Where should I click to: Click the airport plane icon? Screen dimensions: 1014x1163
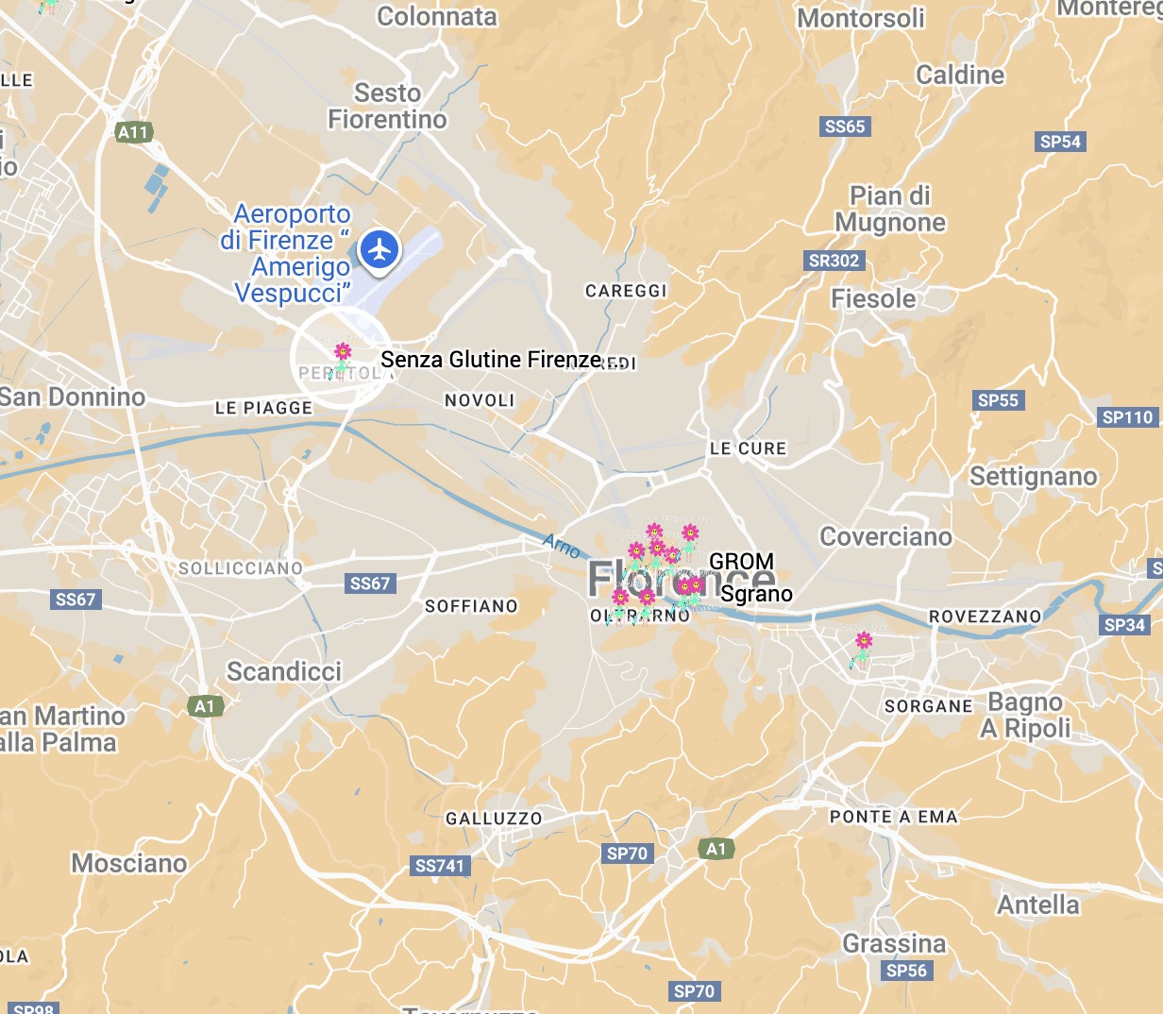379,250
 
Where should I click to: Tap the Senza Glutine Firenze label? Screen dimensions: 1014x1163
491,360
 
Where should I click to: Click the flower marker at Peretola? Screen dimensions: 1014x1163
343,355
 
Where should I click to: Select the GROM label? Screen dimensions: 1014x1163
741,562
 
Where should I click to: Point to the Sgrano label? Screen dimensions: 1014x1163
756,594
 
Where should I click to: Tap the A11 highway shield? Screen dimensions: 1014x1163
133,132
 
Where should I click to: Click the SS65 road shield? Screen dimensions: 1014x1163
844,127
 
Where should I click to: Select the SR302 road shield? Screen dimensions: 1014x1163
834,261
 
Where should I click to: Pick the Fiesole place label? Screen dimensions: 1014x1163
873,299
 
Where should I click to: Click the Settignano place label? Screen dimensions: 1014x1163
1034,476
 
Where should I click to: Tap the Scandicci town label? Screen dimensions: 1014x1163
284,671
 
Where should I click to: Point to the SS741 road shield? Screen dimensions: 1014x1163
440,866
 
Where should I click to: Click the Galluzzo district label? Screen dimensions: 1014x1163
494,819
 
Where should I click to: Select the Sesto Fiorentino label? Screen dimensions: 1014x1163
387,106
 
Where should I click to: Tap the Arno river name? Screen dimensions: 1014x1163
562,545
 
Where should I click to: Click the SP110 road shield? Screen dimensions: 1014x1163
1128,417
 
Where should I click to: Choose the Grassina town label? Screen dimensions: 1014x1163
894,943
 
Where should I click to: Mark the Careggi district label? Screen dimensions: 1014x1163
626,291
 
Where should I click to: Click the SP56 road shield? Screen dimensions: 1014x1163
906,971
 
